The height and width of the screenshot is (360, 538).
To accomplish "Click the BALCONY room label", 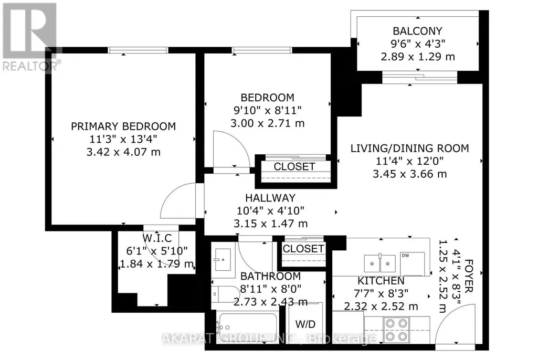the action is coord(417,31).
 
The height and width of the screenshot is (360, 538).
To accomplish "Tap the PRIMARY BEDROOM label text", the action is coord(123,126).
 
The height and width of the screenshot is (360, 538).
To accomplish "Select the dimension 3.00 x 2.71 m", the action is coord(267,123).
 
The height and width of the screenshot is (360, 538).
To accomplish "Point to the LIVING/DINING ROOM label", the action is coord(410,149).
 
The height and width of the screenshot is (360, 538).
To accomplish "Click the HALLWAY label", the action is coord(270,198).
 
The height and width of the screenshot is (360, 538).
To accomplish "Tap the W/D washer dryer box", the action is coord(304,325).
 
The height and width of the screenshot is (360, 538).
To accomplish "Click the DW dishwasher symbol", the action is coord(413,263).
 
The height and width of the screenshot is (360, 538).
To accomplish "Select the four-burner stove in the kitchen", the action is coord(396,330).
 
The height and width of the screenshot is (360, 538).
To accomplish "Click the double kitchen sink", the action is coord(379,263).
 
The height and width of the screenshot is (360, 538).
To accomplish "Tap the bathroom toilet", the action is coord(225,294).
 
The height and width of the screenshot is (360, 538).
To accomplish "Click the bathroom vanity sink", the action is coord(223,260).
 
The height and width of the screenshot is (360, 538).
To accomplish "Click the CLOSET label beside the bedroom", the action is coord(294,167).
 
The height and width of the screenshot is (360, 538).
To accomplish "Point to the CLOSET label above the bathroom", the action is coord(303,248).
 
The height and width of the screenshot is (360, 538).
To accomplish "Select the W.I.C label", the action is coord(157,238).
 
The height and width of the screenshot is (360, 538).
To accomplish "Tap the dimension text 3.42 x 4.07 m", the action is coord(123,152).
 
